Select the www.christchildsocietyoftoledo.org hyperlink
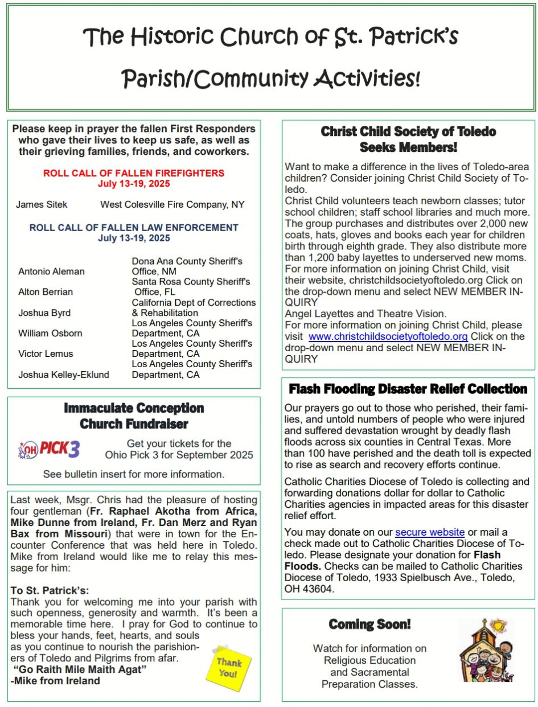388,336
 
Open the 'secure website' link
430,532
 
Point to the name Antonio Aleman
51,272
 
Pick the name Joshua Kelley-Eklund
64,375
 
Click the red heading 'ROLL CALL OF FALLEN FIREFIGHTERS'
134,173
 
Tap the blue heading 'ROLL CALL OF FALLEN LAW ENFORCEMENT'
134,228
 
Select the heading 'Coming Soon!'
369,624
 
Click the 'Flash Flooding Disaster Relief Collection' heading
408,389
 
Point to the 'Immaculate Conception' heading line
134,408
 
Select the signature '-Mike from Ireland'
55,680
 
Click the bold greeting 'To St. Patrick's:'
50,590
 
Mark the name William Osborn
50,333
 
